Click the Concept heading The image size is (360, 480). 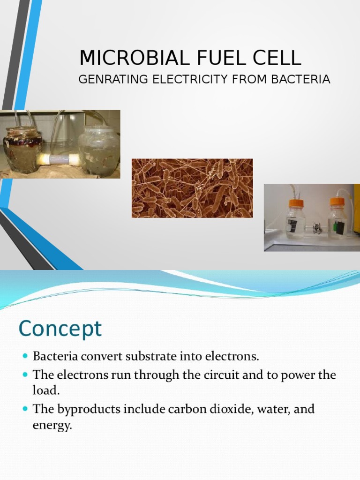(60, 330)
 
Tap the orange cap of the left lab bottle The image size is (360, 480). (296, 203)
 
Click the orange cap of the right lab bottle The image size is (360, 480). (337, 202)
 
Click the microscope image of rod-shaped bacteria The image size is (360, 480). (192, 188)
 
